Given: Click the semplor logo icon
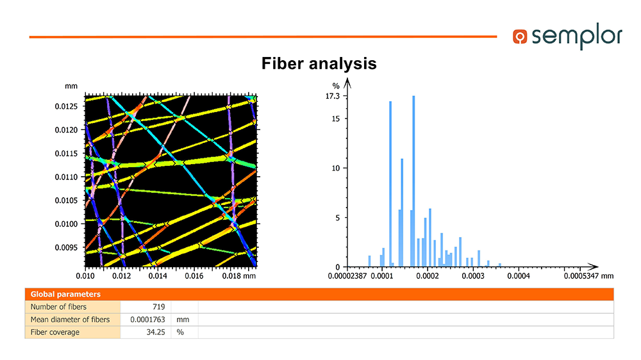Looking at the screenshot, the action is (x=520, y=37).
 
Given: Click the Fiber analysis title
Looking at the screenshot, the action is (x=319, y=64).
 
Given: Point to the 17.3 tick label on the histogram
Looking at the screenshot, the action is (x=332, y=96).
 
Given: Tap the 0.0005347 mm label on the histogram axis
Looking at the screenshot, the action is (x=588, y=276).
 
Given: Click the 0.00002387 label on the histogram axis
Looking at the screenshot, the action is (x=347, y=276).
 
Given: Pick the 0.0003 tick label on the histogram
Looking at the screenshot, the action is (x=473, y=276).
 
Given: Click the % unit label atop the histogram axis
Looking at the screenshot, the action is (x=336, y=86).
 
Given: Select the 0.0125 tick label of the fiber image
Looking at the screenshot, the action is (x=66, y=106).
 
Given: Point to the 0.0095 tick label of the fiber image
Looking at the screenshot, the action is (x=66, y=247).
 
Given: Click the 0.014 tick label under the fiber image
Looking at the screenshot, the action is (x=158, y=276).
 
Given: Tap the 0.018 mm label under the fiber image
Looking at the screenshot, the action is (x=238, y=276).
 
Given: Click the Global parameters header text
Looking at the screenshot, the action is (x=65, y=294).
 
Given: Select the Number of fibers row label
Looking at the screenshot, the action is (x=58, y=307).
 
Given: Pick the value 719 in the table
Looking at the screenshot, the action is (x=158, y=307).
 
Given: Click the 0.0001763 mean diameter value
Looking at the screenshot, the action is (x=147, y=320).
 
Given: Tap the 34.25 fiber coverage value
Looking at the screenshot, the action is (x=156, y=332).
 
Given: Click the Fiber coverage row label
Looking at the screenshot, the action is (x=54, y=332).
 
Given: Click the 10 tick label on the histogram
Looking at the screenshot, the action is (x=336, y=168).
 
